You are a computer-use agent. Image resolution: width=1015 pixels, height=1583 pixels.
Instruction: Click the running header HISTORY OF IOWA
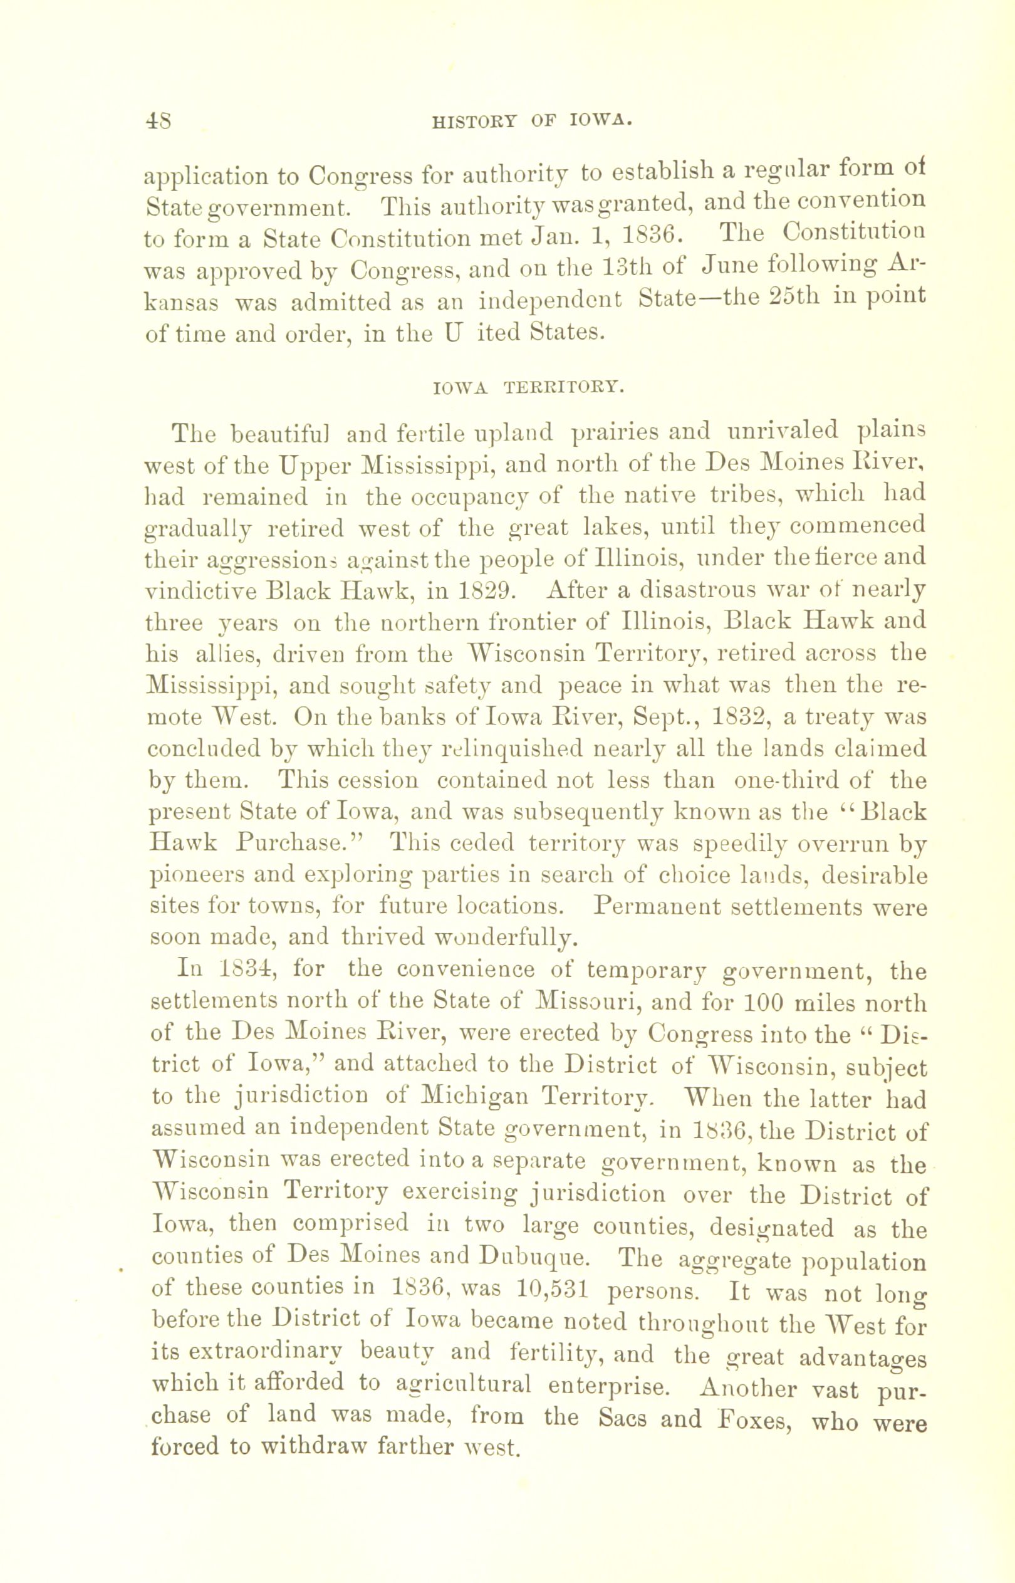click(x=531, y=121)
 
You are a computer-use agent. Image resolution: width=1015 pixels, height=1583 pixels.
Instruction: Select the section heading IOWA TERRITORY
click(x=528, y=387)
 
